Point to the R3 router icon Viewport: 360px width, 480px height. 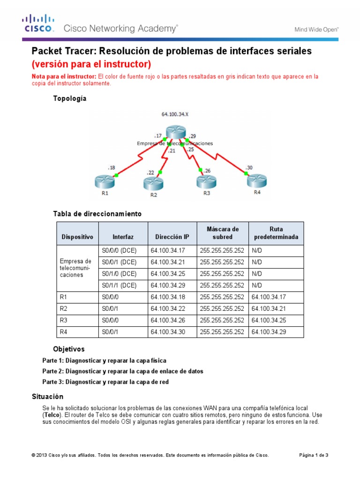[x=207, y=182]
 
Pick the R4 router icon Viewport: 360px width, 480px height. [x=257, y=180]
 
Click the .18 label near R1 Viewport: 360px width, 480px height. [x=111, y=167]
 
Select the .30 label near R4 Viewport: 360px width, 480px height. [x=248, y=167]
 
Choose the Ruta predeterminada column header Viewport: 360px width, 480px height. [x=276, y=233]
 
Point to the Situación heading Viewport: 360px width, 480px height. [x=47, y=397]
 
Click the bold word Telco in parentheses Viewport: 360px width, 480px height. [x=51, y=415]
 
